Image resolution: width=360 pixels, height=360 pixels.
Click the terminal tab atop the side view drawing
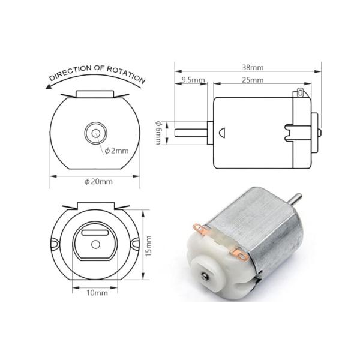point(300,94)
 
